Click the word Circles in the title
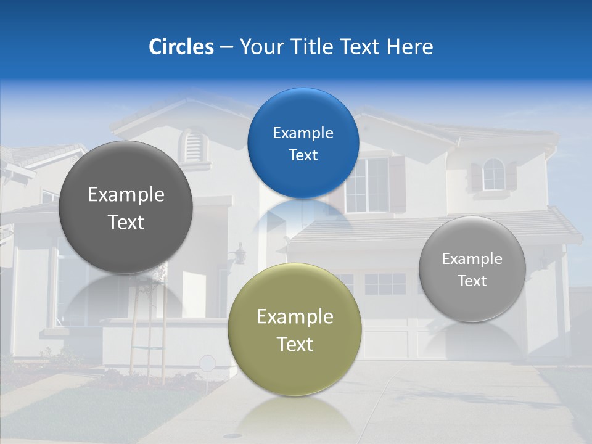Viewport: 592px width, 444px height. click(x=181, y=47)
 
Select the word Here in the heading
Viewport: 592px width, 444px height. click(x=410, y=47)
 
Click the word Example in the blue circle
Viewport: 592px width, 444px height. click(x=303, y=133)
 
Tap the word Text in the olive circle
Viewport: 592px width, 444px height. click(x=295, y=344)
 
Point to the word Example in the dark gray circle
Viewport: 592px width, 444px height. click(x=126, y=195)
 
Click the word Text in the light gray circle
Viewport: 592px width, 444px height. click(x=472, y=281)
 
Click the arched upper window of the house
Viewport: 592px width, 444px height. click(x=493, y=175)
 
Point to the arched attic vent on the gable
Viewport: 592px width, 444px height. click(x=194, y=146)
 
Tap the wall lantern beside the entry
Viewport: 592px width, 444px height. click(x=239, y=253)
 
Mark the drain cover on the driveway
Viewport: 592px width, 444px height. click(x=232, y=436)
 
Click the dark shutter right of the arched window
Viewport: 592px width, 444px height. click(x=511, y=175)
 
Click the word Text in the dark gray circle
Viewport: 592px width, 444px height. click(x=126, y=222)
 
